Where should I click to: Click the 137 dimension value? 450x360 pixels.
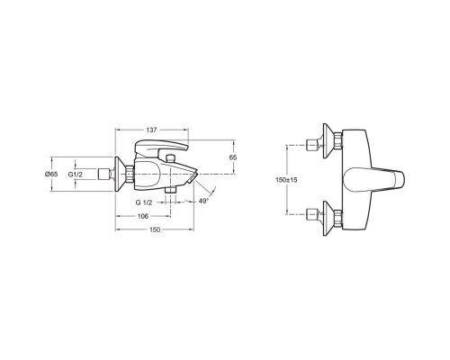pos(151,130)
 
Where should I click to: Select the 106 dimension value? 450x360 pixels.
pos(143,216)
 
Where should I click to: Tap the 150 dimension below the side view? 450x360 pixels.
pos(155,229)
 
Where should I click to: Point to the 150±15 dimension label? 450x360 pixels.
pos(286,180)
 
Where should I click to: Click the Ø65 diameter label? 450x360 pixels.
pos(51,174)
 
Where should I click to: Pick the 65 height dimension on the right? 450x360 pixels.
pos(233,157)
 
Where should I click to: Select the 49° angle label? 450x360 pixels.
pos(203,201)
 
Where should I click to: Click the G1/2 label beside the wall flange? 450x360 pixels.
pos(75,175)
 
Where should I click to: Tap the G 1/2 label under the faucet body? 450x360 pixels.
pos(144,202)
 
